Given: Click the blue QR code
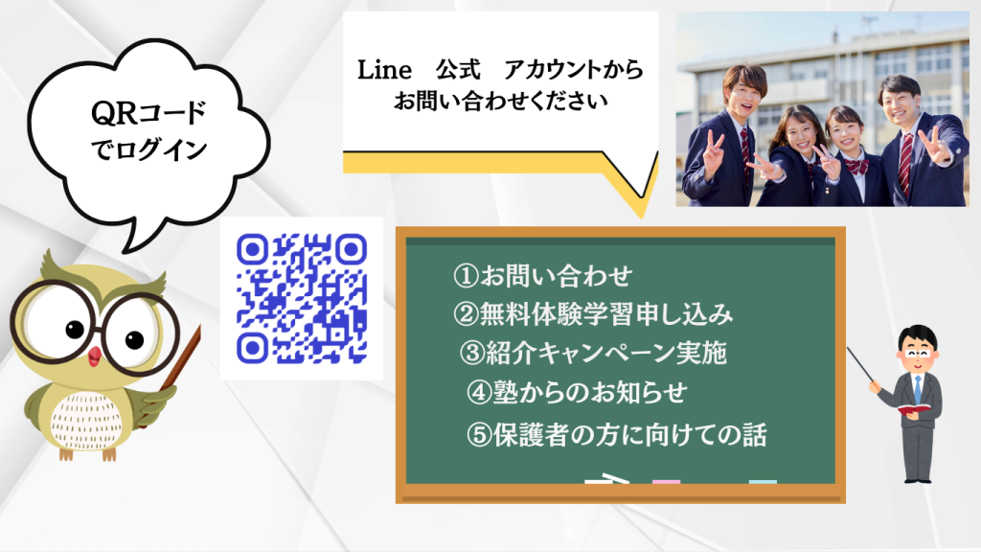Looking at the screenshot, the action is click(x=302, y=299).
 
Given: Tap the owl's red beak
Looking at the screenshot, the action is click(x=95, y=356).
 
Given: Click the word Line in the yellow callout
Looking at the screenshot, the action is click(x=384, y=70).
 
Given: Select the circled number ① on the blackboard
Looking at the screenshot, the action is click(x=466, y=275).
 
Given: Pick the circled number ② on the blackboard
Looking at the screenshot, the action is click(x=466, y=314).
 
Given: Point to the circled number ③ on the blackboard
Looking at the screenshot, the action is click(x=472, y=353).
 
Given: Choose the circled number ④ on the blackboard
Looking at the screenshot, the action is click(x=479, y=392).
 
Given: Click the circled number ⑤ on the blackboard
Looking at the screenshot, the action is click(x=479, y=435).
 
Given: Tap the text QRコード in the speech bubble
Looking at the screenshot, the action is click(x=148, y=113).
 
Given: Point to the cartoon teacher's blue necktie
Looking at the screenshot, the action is click(x=918, y=389).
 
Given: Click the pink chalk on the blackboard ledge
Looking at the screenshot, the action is click(x=666, y=482).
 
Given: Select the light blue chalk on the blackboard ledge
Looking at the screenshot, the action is click(x=763, y=482).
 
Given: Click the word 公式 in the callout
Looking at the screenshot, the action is click(x=459, y=69).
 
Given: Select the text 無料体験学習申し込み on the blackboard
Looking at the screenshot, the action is click(x=605, y=314).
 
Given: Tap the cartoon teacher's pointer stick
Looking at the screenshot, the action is click(x=861, y=365).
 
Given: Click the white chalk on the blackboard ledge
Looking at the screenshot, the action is click(x=606, y=480).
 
